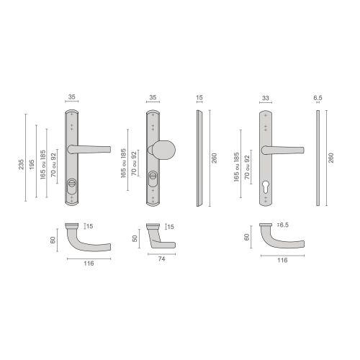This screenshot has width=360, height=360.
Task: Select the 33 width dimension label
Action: coord(266,98)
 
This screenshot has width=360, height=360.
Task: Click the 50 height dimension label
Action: coord(136,238)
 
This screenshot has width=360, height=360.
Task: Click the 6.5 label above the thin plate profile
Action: coord(318,97)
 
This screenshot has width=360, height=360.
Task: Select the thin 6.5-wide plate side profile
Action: coord(317,158)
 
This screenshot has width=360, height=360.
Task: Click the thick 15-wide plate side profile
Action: coord(199,158)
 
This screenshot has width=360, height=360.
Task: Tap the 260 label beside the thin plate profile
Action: coord(330,158)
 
